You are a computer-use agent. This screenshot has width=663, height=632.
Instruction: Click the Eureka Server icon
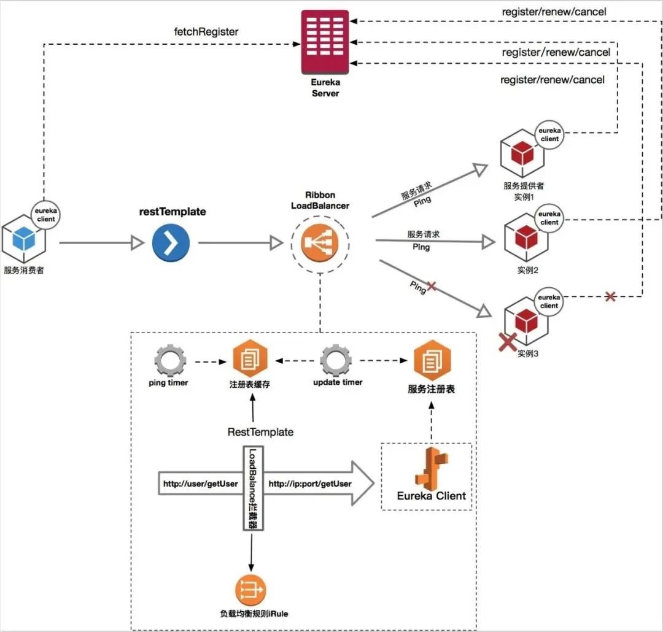tap(325, 42)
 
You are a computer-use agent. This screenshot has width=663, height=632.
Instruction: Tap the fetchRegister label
tap(206, 32)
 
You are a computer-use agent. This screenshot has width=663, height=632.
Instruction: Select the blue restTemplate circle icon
tap(171, 242)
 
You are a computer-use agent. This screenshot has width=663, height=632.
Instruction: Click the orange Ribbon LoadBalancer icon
tap(320, 243)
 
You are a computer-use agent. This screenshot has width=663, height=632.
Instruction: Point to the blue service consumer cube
tap(24, 239)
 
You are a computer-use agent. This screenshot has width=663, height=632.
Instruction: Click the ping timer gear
tap(170, 361)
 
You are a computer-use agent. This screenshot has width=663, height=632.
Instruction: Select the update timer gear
tap(336, 361)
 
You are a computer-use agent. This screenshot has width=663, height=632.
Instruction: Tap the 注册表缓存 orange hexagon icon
tap(250, 358)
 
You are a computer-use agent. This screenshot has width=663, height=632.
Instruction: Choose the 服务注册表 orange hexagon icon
tap(432, 360)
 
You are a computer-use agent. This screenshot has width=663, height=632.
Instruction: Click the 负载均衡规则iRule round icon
tap(250, 590)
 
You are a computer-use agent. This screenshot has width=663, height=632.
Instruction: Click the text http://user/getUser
tap(200, 484)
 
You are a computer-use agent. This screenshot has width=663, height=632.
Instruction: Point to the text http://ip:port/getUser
tap(310, 484)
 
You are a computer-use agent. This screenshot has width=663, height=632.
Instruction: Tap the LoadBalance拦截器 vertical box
tap(254, 488)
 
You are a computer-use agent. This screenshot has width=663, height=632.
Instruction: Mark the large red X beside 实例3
tap(508, 342)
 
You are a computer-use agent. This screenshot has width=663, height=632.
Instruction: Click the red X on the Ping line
tap(432, 287)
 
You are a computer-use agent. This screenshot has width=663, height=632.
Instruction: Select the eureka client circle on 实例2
tap(549, 218)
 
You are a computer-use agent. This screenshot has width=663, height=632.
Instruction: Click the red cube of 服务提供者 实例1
tap(522, 153)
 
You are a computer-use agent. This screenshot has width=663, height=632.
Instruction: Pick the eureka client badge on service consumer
tap(45, 215)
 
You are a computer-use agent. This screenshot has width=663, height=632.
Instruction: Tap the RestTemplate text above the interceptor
tap(260, 432)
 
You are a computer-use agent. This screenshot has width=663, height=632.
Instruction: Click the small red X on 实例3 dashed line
tap(610, 297)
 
